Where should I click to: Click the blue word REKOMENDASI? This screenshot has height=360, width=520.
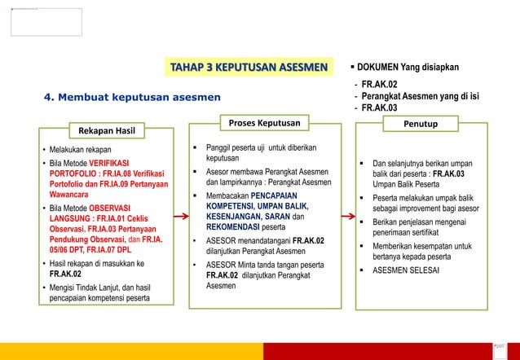pyautogui.click(x=239, y=227)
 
